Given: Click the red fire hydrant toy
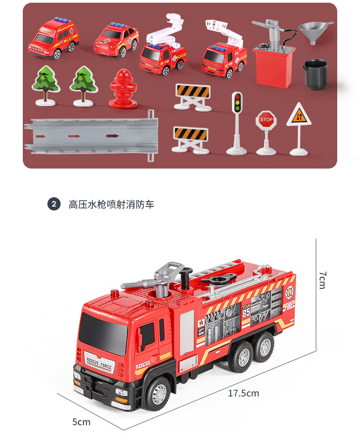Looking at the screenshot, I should point(123,89).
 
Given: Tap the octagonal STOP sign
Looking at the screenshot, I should point(266,120).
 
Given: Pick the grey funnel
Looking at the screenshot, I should point(316,32).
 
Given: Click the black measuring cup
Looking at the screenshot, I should point(314,74).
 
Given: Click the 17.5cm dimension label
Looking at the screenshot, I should point(243,393).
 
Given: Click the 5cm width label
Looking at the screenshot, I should point(81,422).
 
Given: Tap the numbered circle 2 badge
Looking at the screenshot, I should point(54,204).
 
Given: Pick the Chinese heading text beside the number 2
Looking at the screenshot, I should point(111,204).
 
